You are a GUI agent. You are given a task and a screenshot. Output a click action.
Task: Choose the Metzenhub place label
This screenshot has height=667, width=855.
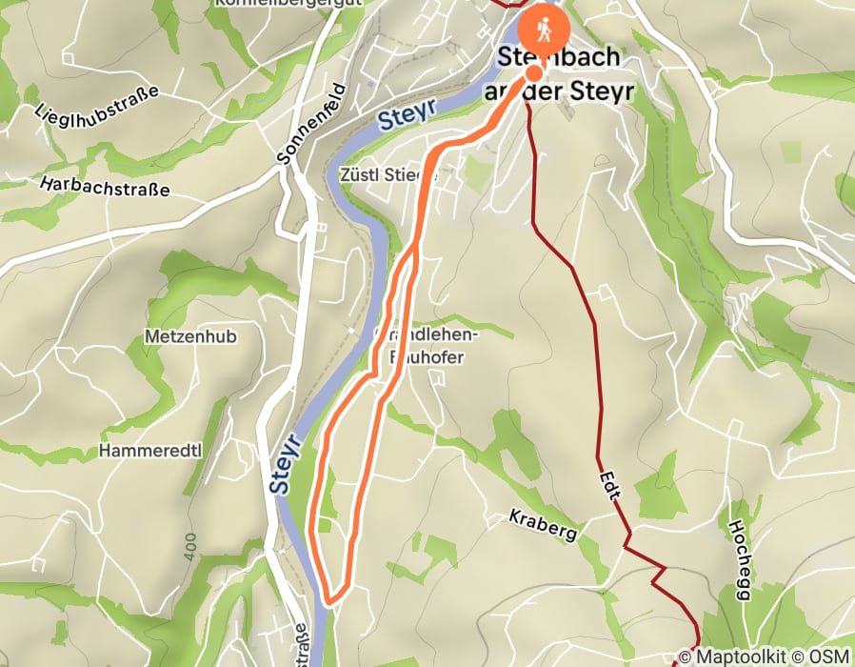(190, 336)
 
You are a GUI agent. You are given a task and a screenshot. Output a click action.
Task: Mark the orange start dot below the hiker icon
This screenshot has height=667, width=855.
(534, 73)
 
